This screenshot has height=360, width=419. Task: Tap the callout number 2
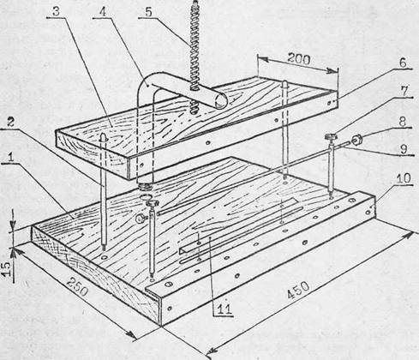10,123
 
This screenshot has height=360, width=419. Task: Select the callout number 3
57,11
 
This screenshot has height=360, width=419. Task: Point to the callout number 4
102,11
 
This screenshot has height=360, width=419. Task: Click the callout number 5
148,12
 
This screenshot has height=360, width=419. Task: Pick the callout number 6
402,63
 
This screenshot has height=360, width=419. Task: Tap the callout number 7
404,92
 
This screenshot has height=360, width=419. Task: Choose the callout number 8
402,122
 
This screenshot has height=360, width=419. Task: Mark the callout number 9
404,149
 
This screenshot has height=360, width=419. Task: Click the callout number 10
404,178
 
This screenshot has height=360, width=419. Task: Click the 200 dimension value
299,58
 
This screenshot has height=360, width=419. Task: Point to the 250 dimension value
78,287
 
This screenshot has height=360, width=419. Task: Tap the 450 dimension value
298,291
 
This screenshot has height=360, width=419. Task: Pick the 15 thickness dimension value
7,269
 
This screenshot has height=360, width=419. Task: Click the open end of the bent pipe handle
221,101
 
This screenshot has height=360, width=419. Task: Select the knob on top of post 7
331,137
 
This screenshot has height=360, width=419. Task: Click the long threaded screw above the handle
195,57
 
